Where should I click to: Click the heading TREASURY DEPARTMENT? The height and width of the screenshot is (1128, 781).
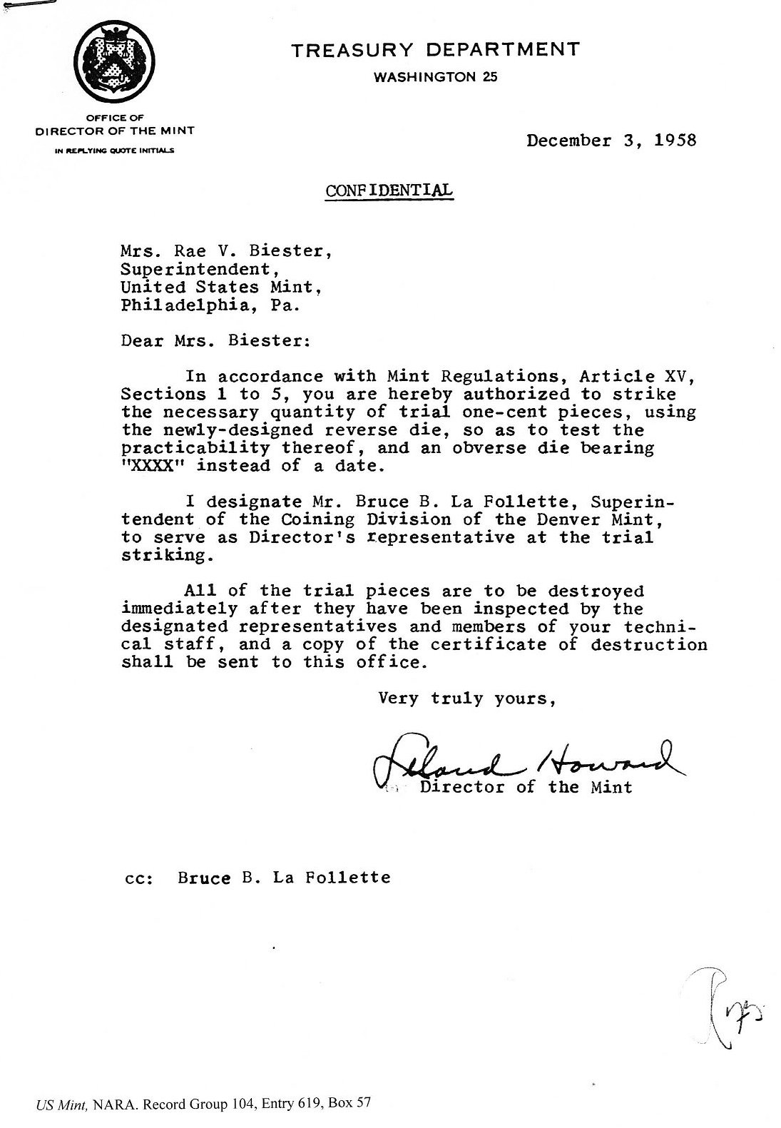(434, 50)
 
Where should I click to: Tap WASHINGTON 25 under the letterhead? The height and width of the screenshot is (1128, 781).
(435, 77)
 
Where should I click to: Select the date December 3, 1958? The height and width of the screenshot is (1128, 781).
(611, 140)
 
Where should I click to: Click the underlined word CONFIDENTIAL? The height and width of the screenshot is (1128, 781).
(389, 190)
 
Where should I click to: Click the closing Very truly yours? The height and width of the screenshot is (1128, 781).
(467, 698)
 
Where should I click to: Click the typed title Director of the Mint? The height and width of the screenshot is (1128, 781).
(526, 788)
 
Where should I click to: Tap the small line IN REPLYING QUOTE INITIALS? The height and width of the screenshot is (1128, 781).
(115, 151)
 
